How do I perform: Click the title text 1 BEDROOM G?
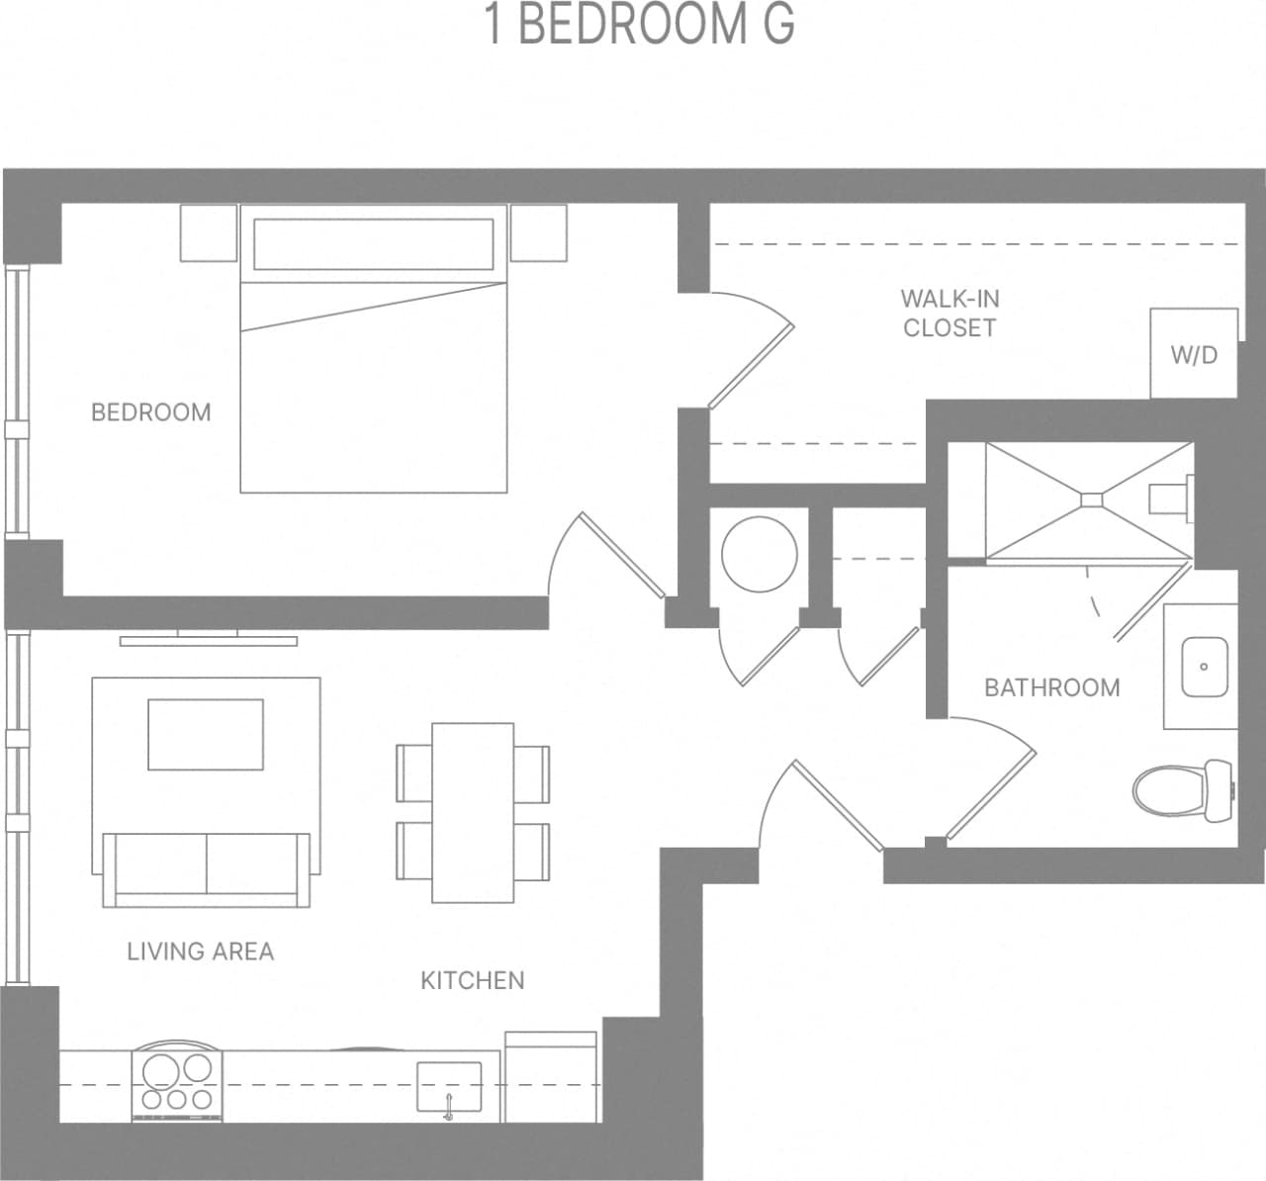pyautogui.click(x=639, y=25)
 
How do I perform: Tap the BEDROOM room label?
pyautogui.click(x=151, y=412)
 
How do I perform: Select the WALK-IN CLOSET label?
pyautogui.click(x=949, y=313)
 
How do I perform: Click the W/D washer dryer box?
pyautogui.click(x=1194, y=353)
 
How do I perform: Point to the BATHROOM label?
pyautogui.click(x=1051, y=687)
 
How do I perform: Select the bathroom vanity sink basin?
pyautogui.click(x=1204, y=667)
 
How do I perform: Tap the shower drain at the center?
pyautogui.click(x=1091, y=500)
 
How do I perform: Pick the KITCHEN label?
pyautogui.click(x=473, y=980)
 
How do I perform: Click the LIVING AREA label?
pyautogui.click(x=201, y=952)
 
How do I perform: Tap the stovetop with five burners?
pyautogui.click(x=178, y=1083)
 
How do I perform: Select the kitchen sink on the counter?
pyautogui.click(x=449, y=1087)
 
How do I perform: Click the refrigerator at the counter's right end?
pyautogui.click(x=551, y=1077)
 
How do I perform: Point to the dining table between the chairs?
pyautogui.click(x=473, y=812)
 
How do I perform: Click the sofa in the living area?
pyautogui.click(x=207, y=869)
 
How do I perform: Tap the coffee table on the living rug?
pyautogui.click(x=206, y=734)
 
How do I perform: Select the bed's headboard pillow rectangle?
pyautogui.click(x=373, y=243)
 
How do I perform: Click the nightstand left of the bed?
pyautogui.click(x=209, y=232)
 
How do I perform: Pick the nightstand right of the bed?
pyautogui.click(x=539, y=232)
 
